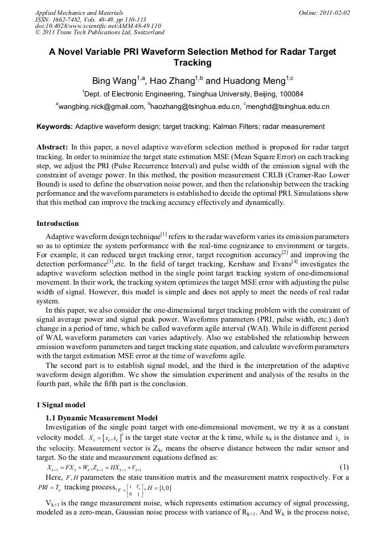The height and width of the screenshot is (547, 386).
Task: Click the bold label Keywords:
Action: tap(55, 127)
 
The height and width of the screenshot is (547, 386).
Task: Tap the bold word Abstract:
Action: tap(52, 147)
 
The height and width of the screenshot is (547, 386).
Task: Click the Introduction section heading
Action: tap(58, 224)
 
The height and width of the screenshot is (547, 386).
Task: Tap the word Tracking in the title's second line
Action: tap(192, 63)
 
